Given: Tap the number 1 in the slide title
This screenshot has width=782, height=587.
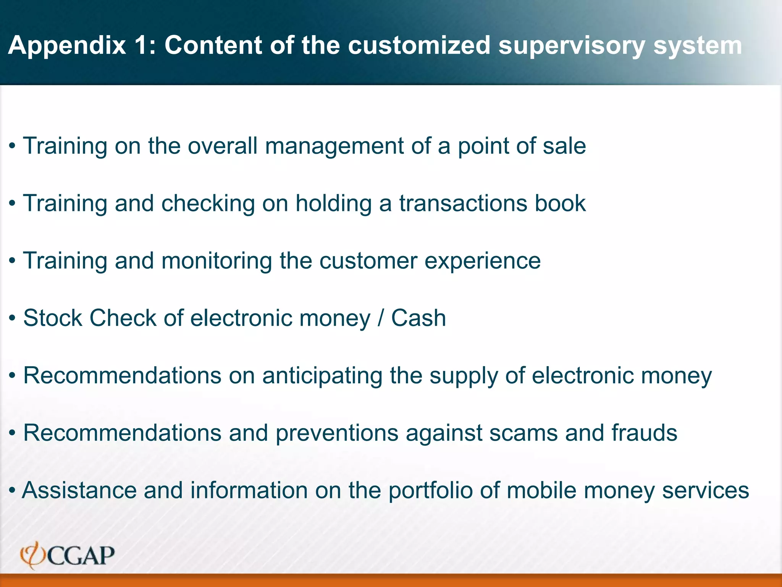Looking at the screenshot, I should coord(142,45).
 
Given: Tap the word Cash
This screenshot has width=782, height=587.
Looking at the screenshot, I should coord(418,318).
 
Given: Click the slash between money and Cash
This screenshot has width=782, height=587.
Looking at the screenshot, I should coord(381,318).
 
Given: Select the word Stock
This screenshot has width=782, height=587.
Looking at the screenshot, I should coord(53,318).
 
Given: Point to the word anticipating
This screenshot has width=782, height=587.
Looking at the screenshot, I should coord(322,376).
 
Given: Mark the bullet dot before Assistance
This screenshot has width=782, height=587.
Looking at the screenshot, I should coord(12,490).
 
